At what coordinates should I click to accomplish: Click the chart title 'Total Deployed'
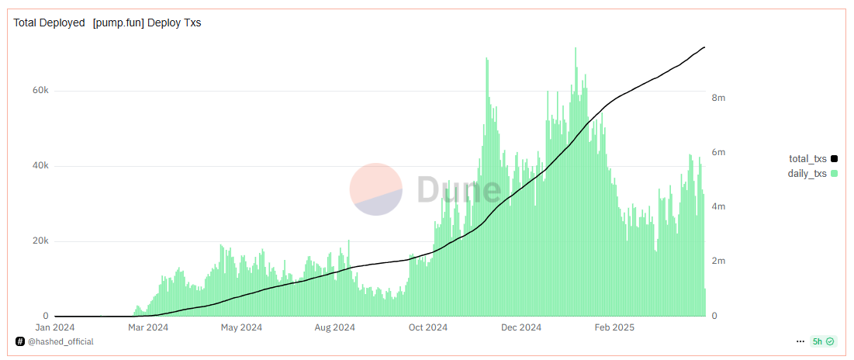click(x=49, y=22)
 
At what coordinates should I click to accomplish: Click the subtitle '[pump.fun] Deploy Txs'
click(x=147, y=22)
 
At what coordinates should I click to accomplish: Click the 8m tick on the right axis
click(x=718, y=98)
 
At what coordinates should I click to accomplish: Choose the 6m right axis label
click(x=718, y=153)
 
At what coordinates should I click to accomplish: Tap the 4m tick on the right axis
click(x=718, y=207)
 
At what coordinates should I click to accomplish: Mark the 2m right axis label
click(x=718, y=261)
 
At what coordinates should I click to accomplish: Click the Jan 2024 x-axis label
click(x=55, y=327)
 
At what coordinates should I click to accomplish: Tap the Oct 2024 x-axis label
click(x=428, y=327)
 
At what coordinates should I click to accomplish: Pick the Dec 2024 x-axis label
click(x=522, y=327)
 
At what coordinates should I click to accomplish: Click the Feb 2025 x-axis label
click(x=614, y=327)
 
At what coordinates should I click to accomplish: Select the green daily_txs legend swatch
click(x=834, y=174)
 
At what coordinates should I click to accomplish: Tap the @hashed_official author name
click(x=61, y=341)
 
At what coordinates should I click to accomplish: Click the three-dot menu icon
click(x=800, y=341)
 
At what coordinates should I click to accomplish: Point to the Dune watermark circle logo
click(x=375, y=189)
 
